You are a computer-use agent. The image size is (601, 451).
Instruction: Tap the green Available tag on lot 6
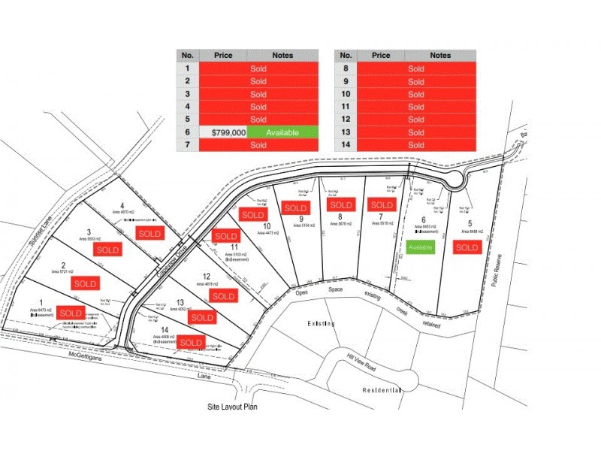click(421, 247)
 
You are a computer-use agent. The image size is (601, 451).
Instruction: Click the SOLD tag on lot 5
click(467, 247)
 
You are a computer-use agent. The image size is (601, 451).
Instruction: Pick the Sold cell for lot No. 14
click(416, 145)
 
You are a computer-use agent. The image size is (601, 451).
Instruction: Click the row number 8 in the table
click(346, 68)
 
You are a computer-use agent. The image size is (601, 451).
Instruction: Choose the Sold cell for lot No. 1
click(258, 68)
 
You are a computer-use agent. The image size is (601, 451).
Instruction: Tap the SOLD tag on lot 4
click(149, 234)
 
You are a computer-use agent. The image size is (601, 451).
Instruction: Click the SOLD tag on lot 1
click(71, 313)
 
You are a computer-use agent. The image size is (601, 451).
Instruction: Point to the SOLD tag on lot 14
click(191, 342)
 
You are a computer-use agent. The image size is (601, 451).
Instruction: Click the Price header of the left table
click(223, 55)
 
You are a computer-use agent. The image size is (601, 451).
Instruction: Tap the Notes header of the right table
click(441, 55)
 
